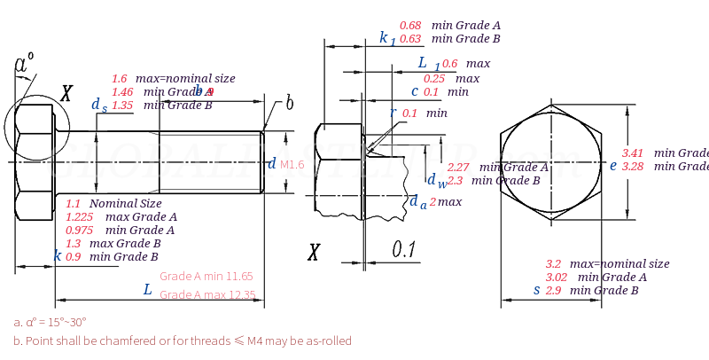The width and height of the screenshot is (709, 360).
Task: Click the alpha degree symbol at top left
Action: pos(24,64)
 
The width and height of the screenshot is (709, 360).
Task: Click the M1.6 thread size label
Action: pos(292,165)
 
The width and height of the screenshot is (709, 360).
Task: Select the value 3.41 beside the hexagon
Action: pos(633,153)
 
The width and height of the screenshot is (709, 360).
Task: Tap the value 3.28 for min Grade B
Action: pos(633,166)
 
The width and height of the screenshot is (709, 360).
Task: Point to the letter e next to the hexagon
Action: pos(612,165)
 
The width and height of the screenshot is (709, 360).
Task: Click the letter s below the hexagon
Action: pos(536,290)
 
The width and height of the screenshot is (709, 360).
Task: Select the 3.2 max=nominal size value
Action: pos(553,263)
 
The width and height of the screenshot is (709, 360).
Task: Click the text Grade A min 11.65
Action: pos(206,276)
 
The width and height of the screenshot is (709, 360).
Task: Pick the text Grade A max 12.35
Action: pos(206,295)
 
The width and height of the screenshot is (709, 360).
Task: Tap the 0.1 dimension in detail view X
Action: pos(404,250)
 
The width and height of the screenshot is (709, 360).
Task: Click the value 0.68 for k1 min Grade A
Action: pos(410,26)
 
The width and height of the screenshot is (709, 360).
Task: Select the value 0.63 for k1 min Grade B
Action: pos(410,39)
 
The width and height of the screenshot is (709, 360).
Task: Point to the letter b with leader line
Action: pos(289,103)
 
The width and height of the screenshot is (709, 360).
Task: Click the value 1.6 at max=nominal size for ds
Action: pos(119,78)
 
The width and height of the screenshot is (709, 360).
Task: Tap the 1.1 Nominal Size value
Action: pos(73,203)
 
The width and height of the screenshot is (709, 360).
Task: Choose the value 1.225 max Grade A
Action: pos(80,216)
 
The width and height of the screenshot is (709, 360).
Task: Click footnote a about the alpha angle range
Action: pos(50,322)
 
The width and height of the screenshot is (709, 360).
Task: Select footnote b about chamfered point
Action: pos(183,340)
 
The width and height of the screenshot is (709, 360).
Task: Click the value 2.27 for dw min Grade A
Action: pos(458,167)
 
